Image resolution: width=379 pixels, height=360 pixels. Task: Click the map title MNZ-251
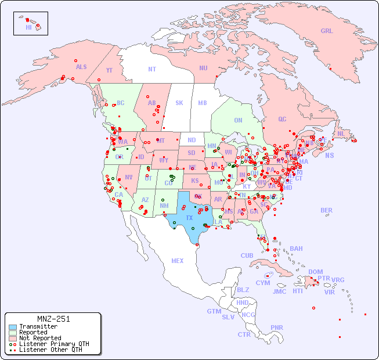pos(53,319)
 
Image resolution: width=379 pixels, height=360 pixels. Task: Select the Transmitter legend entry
pos(38,327)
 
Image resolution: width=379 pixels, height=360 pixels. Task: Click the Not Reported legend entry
pos(39,338)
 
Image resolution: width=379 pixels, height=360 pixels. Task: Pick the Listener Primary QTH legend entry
pos(54,344)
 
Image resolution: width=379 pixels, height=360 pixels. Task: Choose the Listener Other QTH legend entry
pos(50,350)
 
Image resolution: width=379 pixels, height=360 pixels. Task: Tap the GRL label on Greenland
pos(327,31)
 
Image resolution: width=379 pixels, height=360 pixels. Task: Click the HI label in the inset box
pos(28,27)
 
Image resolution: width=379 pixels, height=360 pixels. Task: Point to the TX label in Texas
pos(189,218)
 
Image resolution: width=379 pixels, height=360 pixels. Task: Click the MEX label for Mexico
pos(178,261)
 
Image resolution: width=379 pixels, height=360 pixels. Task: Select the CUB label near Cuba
pos(247,255)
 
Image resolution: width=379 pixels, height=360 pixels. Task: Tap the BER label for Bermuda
pos(326,210)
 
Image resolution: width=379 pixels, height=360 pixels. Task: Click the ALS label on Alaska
pos(81,67)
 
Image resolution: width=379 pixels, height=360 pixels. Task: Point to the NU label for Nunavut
pos(203,68)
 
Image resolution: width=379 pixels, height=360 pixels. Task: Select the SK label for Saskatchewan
pos(179,103)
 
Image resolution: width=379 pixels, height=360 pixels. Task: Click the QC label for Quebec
pos(282,119)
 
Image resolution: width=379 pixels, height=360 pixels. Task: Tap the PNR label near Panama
pos(277,327)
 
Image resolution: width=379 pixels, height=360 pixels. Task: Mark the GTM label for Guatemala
pos(214,311)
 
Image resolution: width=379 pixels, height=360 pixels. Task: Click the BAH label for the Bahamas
pos(296,249)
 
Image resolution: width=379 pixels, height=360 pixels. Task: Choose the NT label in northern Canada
pos(152,69)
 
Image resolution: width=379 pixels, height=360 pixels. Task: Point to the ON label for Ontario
pos(238,120)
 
